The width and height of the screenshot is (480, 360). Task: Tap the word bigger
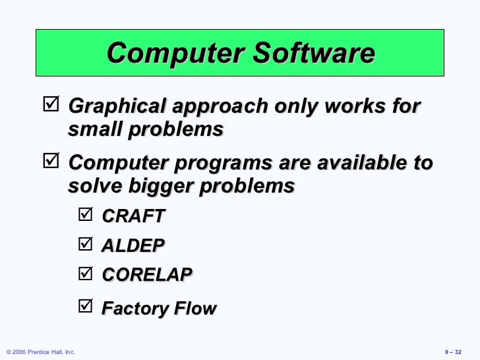tap(148, 186)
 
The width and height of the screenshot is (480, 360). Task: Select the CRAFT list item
tap(133, 216)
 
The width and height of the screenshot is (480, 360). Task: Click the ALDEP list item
tap(133, 245)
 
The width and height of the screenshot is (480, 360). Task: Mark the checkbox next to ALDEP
tap(86, 244)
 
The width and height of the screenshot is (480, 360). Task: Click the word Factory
tap(133, 308)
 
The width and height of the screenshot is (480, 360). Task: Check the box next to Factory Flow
tap(86, 305)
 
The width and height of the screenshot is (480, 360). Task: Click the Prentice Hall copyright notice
tap(40, 352)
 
